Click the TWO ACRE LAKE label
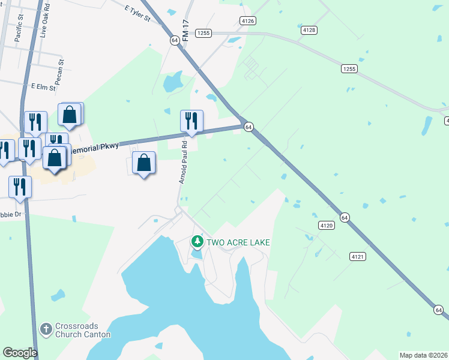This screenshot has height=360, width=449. (238, 242)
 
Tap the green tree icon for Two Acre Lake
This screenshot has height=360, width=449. (197, 242)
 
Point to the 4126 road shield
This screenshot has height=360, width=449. (247, 20)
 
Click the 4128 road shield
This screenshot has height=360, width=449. (309, 29)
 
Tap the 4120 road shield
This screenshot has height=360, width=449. (326, 226)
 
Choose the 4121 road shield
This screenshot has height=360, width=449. (358, 256)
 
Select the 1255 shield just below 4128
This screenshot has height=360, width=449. (349, 69)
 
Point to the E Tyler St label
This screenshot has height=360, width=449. (137, 14)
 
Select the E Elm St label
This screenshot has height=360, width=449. (43, 87)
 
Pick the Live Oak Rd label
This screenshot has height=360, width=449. (43, 23)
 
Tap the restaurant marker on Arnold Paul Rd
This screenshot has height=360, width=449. (191, 121)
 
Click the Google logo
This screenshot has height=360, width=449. (20, 353)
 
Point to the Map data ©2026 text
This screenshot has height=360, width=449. (424, 355)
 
